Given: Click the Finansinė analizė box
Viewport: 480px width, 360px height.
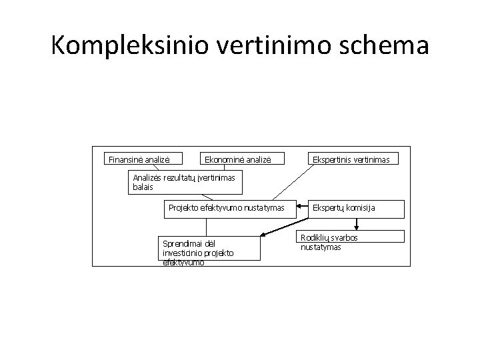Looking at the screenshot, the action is click(x=139, y=159).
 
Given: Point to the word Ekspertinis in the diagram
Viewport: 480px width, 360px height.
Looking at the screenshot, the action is click(x=328, y=160).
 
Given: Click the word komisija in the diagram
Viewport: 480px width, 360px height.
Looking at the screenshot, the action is click(x=359, y=208).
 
